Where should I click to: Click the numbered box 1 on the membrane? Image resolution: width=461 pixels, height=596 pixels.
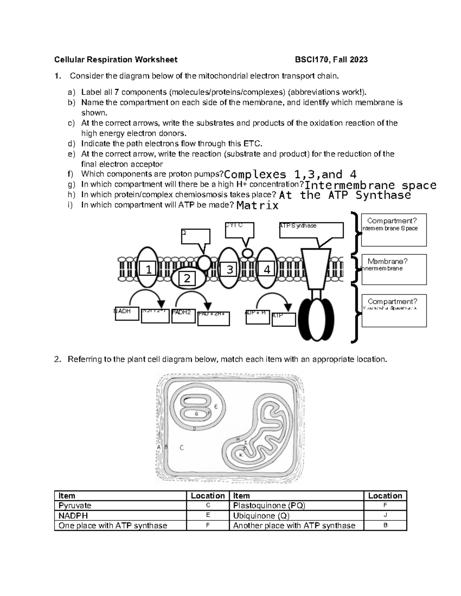coord(148,269)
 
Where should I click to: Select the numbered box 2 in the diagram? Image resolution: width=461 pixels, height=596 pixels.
coord(187,278)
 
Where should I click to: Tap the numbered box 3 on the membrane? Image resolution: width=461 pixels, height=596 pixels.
coord(229,269)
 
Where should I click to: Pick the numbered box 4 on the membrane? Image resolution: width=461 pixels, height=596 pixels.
coord(267,269)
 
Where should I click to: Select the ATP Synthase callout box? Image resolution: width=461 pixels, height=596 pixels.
coord(311,230)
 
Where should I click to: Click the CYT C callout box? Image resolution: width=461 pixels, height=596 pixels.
coord(240,230)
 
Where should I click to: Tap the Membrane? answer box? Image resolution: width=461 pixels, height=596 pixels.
coord(394,269)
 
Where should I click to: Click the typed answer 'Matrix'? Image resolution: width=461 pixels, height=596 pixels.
coord(257,206)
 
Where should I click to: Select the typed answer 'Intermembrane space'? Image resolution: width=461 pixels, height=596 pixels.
coord(370,185)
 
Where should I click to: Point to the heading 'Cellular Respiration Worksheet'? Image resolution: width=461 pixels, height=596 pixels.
coord(116,59)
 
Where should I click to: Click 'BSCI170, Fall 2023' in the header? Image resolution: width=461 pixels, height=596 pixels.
coord(331,59)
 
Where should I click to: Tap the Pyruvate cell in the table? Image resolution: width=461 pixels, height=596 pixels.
coord(120,505)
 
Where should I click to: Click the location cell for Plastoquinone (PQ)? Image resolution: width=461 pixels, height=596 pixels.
coord(385,505)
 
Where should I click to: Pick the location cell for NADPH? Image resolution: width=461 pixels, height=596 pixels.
coord(207,515)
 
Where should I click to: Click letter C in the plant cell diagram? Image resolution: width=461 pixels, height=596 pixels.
coord(182,447)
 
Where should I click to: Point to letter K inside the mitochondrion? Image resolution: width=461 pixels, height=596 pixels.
coord(241,455)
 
